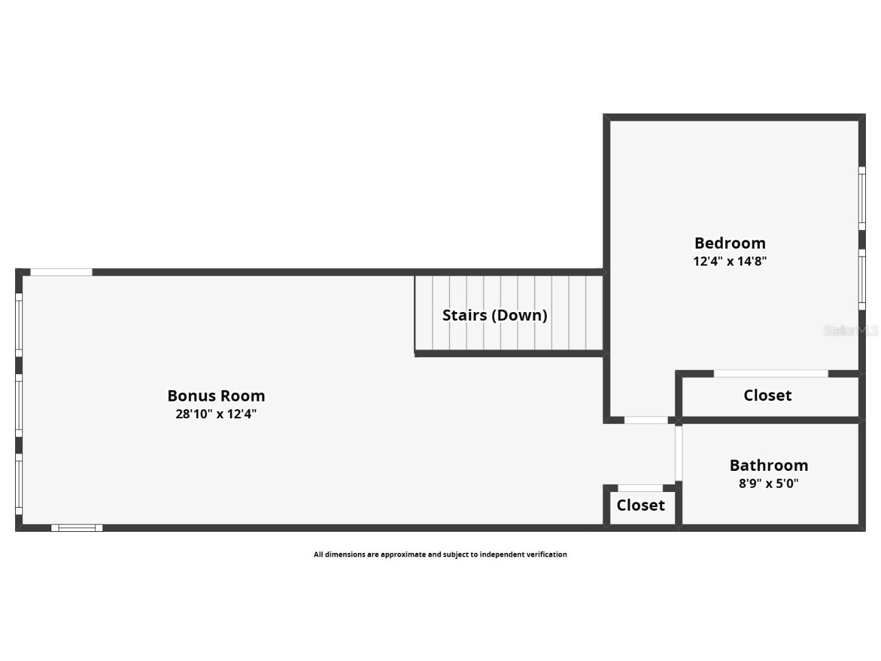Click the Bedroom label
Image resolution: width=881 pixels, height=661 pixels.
pyautogui.click(x=730, y=243)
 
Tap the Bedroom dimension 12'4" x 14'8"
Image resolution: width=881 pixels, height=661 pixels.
pyautogui.click(x=730, y=261)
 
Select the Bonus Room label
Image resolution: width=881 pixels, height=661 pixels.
pyautogui.click(x=217, y=396)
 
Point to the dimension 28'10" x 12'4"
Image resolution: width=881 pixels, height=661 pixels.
pyautogui.click(x=217, y=414)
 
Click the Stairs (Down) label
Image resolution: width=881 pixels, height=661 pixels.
pyautogui.click(x=495, y=316)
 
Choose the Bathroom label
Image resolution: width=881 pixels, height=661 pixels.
pyautogui.click(x=769, y=465)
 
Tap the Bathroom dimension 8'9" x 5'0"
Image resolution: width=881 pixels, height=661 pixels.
pyautogui.click(x=769, y=484)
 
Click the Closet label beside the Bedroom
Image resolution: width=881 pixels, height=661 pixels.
pyautogui.click(x=768, y=395)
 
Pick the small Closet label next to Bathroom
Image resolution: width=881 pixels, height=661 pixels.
pyautogui.click(x=641, y=505)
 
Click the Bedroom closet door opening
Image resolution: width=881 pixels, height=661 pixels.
pyautogui.click(x=771, y=374)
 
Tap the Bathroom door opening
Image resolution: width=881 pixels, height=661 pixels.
pyautogui.click(x=678, y=453)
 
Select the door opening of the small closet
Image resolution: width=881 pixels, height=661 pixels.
pyautogui.click(x=640, y=488)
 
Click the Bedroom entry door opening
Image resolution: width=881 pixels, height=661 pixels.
pyautogui.click(x=646, y=420)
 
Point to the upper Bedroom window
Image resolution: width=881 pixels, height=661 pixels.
pyautogui.click(x=862, y=198)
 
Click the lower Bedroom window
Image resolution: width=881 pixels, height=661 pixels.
pyautogui.click(x=862, y=279)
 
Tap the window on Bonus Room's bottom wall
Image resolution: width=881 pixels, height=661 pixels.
pyautogui.click(x=77, y=528)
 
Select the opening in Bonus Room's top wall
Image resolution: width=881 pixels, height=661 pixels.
pyautogui.click(x=62, y=272)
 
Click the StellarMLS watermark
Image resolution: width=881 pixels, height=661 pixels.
pyautogui.click(x=851, y=331)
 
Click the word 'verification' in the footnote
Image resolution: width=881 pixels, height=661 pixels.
pyautogui.click(x=547, y=554)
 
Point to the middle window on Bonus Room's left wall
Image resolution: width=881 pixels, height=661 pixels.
pyautogui.click(x=19, y=405)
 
